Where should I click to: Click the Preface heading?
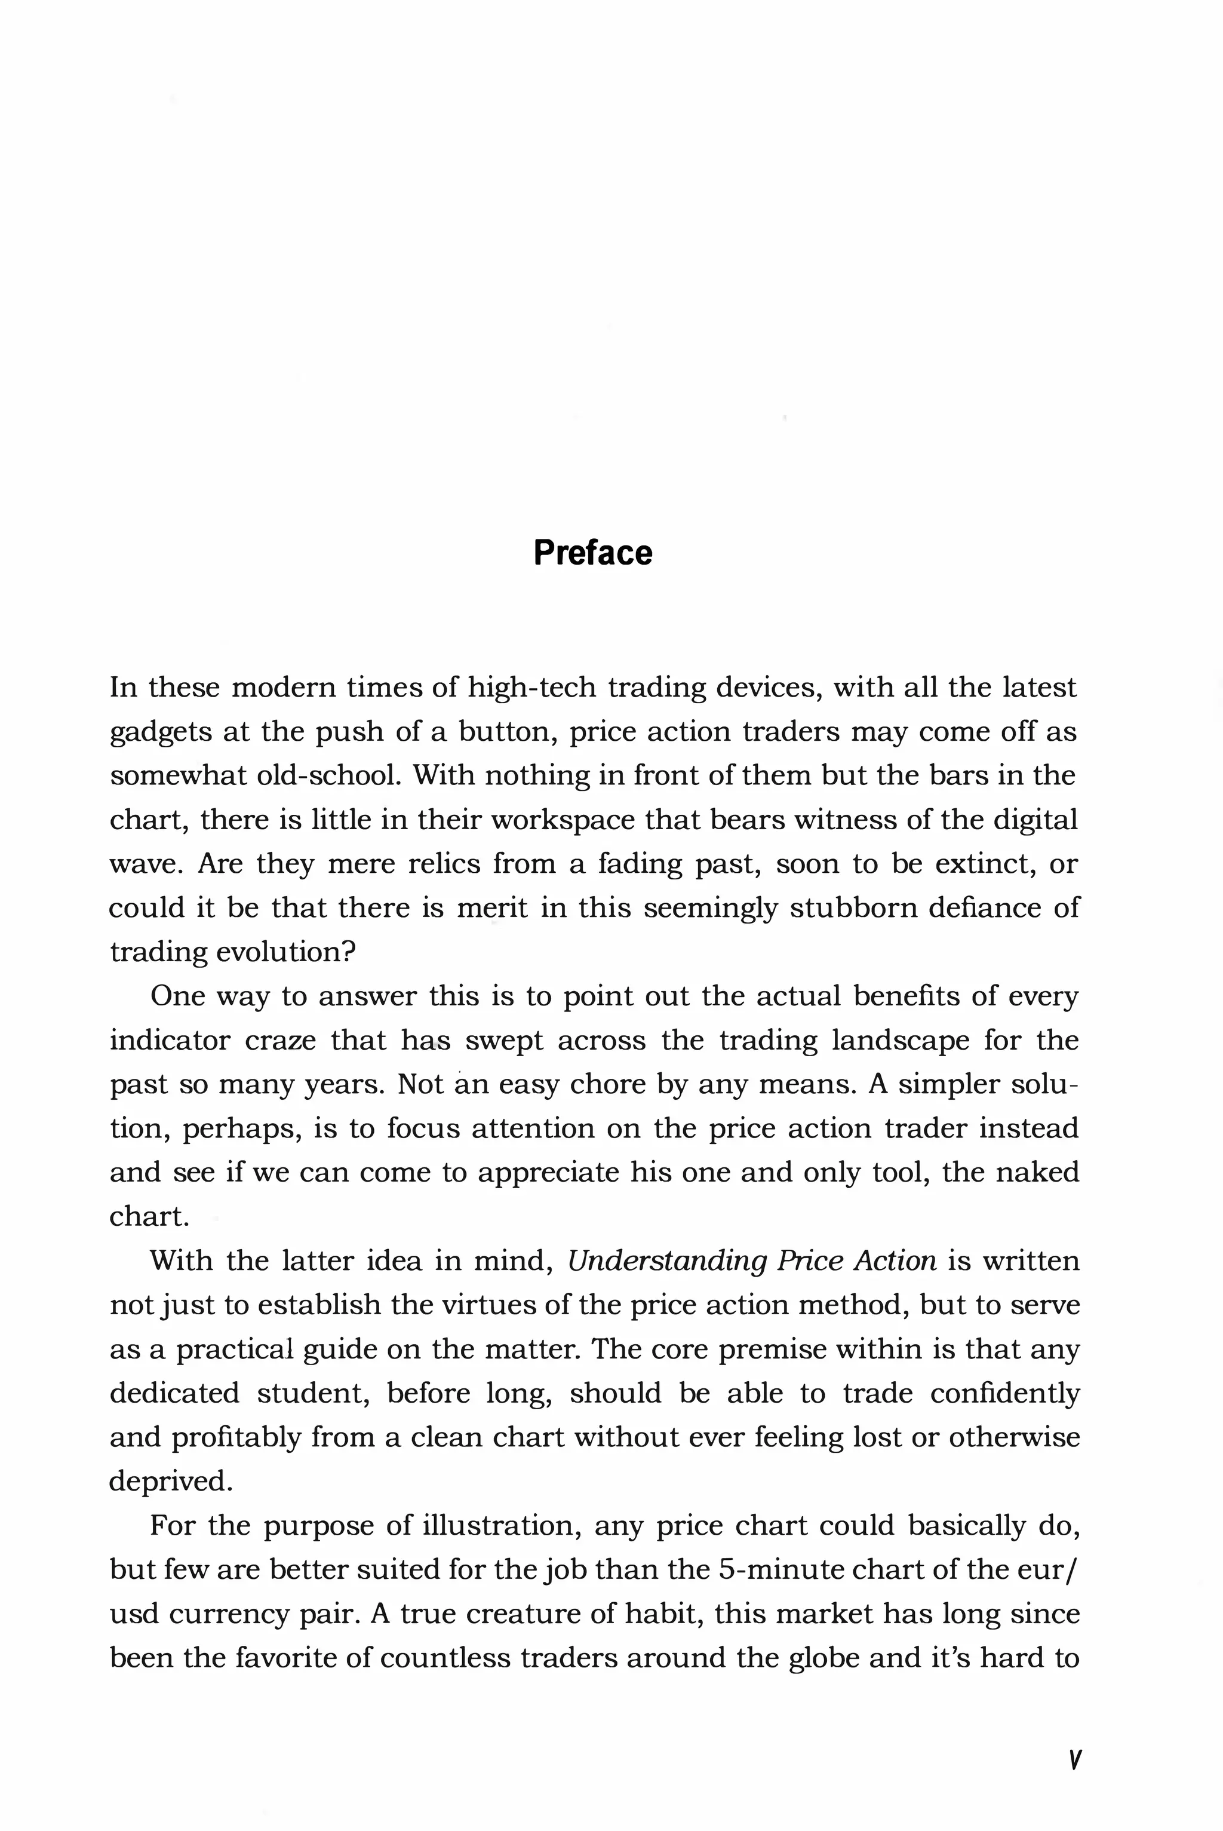[593, 553]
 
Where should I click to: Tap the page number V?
[1074, 1759]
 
